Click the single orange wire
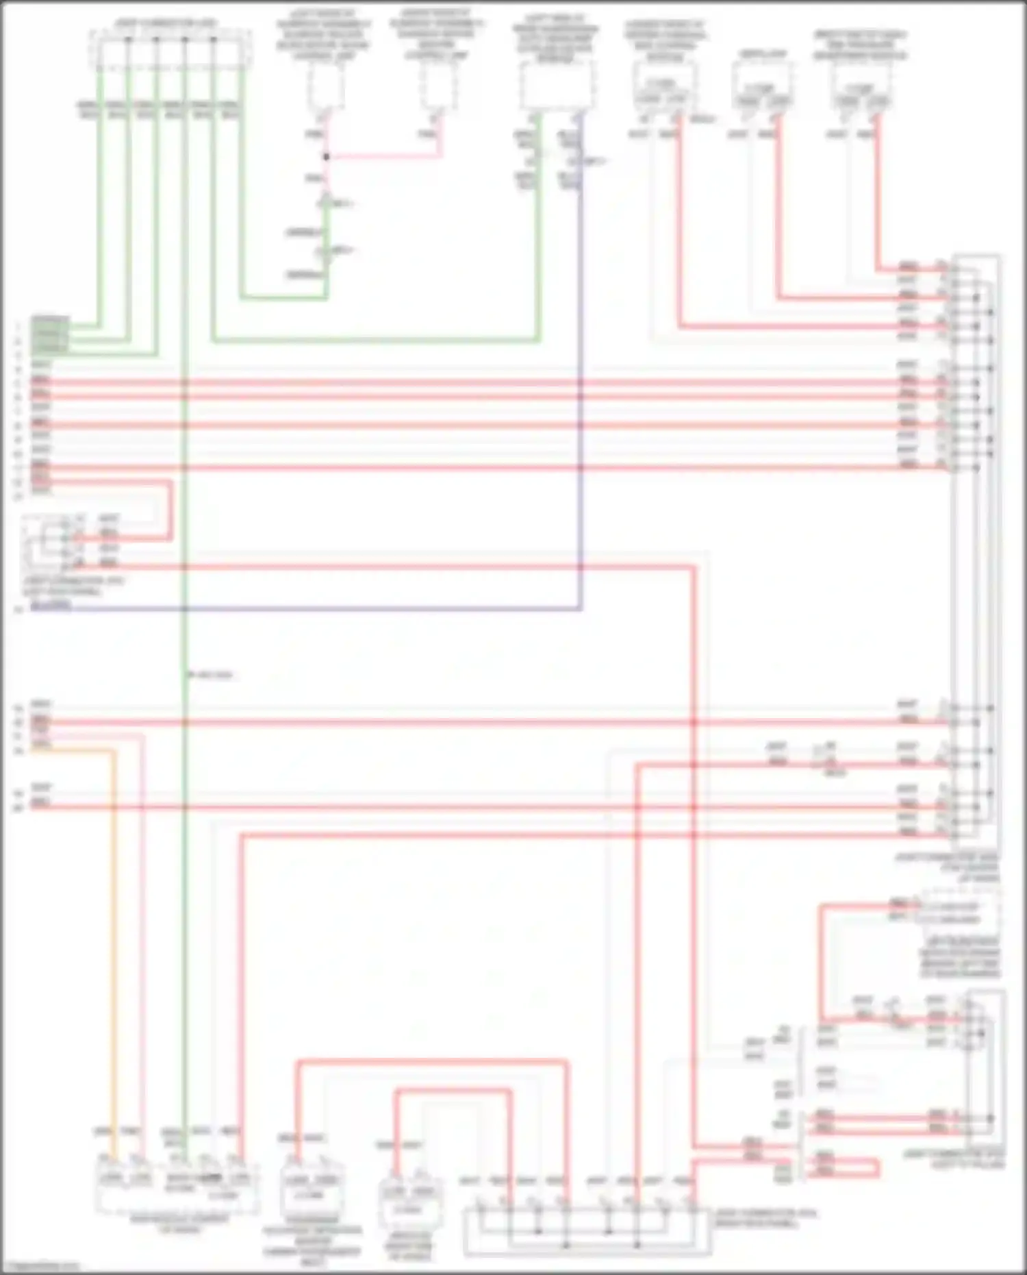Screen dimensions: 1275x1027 click(115, 959)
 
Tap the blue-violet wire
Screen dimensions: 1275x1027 click(581, 411)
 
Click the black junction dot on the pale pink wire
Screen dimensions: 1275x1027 click(327, 157)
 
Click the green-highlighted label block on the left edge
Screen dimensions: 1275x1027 click(50, 334)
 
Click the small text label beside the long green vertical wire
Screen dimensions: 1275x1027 click(212, 675)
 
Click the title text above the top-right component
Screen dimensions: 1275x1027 click(860, 45)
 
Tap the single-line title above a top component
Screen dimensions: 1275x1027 click(762, 53)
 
